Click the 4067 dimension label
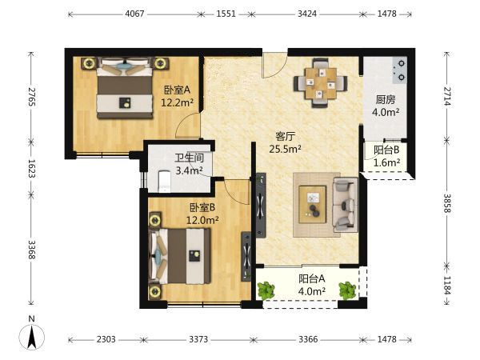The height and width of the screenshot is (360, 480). pos(134,14)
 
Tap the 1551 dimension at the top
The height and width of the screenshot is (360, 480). pos(226,14)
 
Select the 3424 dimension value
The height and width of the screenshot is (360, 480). pos(306,14)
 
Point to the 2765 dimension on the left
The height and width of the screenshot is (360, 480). pos(31,97)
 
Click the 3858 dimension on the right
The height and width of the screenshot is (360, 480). pos(447,203)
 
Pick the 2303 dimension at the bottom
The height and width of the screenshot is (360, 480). pos(106,339)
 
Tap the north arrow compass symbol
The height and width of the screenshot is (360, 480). pos(31,336)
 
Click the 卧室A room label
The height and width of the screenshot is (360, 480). pos(178,90)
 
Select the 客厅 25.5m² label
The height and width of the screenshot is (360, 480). pos(285,142)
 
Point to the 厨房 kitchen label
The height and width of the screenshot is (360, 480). pos(386,100)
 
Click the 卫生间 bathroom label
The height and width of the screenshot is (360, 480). pos(189,158)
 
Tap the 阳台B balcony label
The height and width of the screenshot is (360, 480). pos(386,150)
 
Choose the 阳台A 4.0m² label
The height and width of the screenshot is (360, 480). pos(312,285)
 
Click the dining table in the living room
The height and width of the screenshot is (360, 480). pos(321,83)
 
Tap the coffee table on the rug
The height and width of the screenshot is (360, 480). pos(312,204)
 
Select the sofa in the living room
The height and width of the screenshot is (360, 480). pos(346,204)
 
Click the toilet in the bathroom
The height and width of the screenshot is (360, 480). pos(164,182)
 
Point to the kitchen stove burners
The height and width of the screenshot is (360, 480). pos(401,70)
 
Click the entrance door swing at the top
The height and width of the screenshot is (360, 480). pos(274,66)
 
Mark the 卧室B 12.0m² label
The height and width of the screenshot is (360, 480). pos(202,214)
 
